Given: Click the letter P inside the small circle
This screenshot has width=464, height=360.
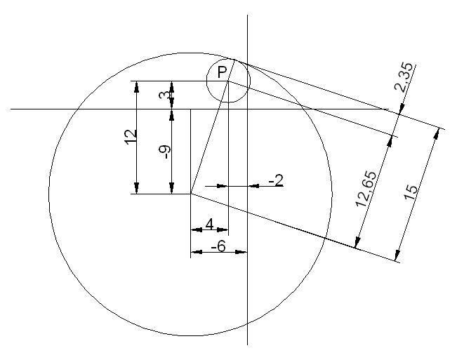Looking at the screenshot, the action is pyautogui.click(x=222, y=72).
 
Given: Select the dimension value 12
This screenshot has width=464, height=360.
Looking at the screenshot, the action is pyautogui.click(x=131, y=137).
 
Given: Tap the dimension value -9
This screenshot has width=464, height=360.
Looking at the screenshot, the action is pyautogui.click(x=165, y=152).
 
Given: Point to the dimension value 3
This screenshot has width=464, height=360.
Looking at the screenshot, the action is pyautogui.click(x=164, y=95).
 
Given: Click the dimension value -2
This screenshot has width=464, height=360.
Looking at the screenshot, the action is pyautogui.click(x=276, y=180).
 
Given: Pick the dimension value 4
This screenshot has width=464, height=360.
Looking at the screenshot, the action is pyautogui.click(x=209, y=224).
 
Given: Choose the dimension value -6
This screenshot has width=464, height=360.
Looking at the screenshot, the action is pyautogui.click(x=218, y=246).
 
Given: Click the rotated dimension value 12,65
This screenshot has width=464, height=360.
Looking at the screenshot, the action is pyautogui.click(x=366, y=189).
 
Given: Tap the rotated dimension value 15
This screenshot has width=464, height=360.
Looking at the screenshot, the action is pyautogui.click(x=411, y=192).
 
